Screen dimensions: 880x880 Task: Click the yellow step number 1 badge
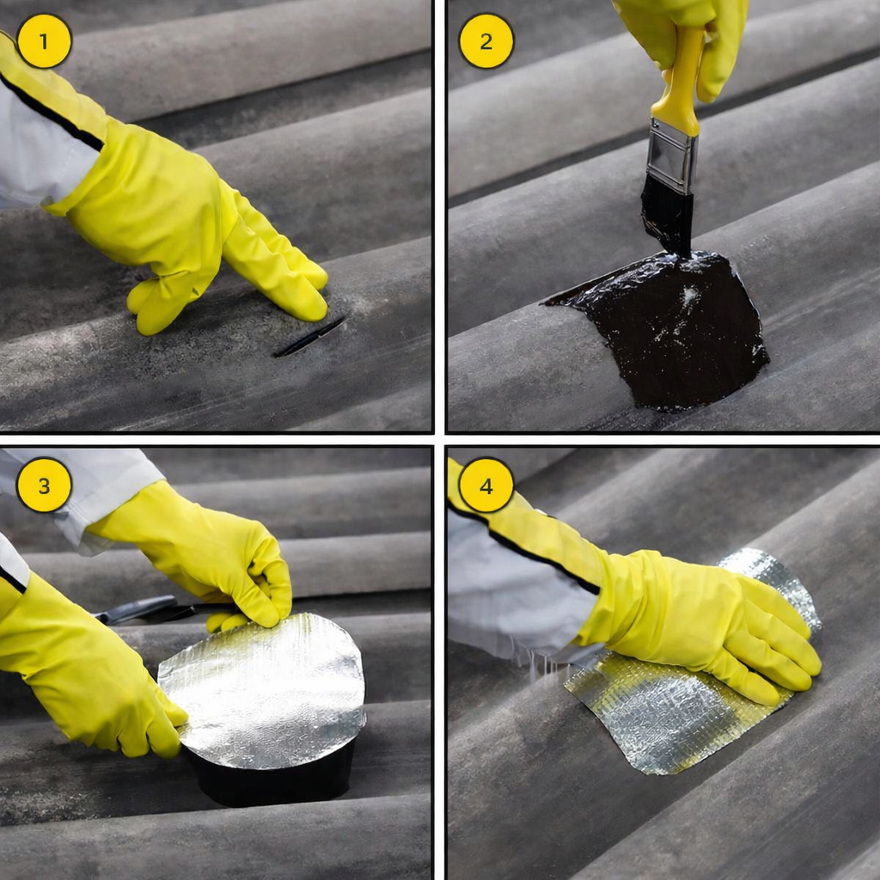coord(45,41)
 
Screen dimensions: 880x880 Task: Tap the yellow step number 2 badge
coord(486,41)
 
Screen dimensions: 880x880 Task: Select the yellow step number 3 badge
coord(45,485)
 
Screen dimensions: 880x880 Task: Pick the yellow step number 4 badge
coord(486,485)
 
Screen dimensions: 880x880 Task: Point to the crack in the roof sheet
coord(309,337)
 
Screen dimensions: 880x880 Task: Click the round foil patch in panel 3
coord(263,690)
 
